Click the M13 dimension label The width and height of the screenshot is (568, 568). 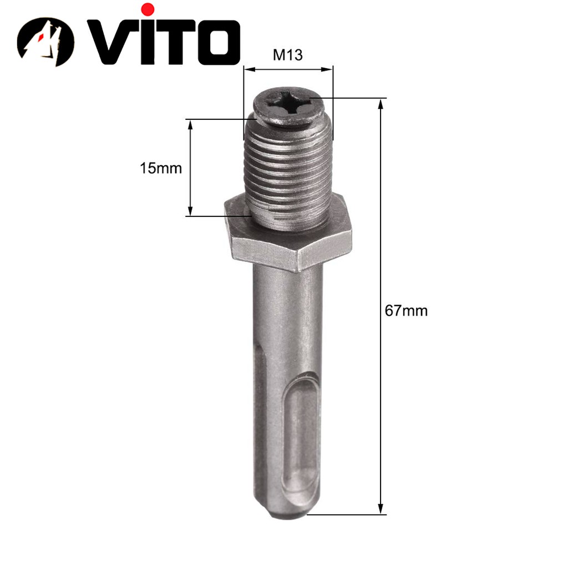point(288,56)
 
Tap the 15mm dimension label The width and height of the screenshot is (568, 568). point(160,168)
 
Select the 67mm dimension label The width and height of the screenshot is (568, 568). point(406,311)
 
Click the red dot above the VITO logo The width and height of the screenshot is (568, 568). point(148,9)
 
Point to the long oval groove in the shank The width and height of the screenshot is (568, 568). point(303,433)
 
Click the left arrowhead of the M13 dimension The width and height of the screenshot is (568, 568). point(247,70)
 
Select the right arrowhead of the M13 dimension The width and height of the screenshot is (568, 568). point(329,70)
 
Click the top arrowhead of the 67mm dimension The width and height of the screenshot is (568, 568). point(381,104)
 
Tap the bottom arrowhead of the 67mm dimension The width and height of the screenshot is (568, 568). point(381,509)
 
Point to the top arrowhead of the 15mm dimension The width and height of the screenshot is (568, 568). point(190,124)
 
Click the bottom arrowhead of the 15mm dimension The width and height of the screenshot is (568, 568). point(190,211)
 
